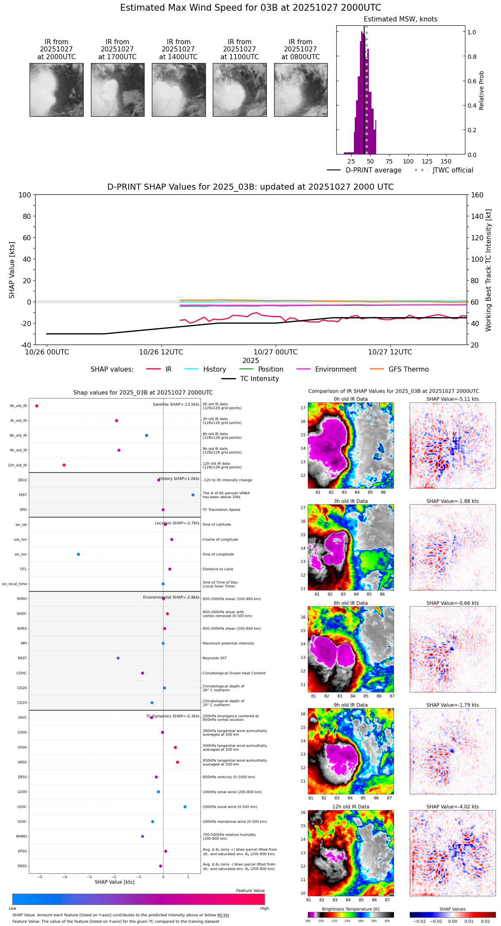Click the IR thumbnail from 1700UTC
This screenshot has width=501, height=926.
pos(118,90)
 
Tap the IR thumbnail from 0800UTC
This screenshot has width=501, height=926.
pos(301,90)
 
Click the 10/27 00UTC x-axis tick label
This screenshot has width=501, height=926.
pos(275,352)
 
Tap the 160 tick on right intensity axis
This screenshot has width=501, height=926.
pos(477,195)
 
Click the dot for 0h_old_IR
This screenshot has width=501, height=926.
pos(37,406)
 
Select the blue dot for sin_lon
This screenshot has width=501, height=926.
pos(78,554)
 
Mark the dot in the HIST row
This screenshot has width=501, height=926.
pos(193,495)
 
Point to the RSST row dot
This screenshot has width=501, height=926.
pos(118,658)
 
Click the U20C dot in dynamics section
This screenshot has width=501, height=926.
pos(185,807)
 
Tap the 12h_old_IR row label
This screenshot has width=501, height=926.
pos(17,465)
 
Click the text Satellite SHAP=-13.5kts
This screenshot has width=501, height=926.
pos(176,405)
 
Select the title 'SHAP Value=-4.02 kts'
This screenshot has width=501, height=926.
pos(453,807)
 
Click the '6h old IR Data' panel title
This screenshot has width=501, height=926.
pos(350,603)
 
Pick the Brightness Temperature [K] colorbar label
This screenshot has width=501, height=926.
pos(350,909)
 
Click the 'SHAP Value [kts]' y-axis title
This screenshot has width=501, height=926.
pos(12,270)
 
